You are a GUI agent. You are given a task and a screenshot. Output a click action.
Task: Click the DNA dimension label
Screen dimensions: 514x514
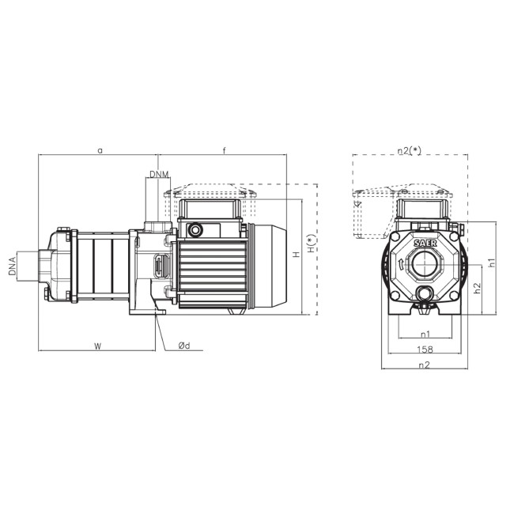pos(12,266)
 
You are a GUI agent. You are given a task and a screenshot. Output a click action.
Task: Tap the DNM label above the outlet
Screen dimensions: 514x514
pos(159,174)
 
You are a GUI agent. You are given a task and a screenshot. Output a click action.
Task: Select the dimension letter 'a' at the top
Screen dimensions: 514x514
pos(100,150)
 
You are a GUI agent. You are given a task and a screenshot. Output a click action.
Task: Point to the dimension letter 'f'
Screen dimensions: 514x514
pos(225,150)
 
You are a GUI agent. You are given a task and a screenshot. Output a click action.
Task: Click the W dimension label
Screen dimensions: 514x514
pos(98,346)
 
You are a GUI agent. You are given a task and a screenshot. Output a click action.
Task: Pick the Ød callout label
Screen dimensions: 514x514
pos(184,346)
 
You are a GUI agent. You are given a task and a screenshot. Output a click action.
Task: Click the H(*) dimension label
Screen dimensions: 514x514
pos(312,244)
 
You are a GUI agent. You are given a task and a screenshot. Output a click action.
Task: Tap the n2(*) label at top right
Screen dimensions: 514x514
pos(410,150)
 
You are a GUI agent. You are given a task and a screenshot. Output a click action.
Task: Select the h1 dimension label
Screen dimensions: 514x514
pos(492,262)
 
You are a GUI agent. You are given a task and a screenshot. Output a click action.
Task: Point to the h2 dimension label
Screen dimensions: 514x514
pos(478,288)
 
